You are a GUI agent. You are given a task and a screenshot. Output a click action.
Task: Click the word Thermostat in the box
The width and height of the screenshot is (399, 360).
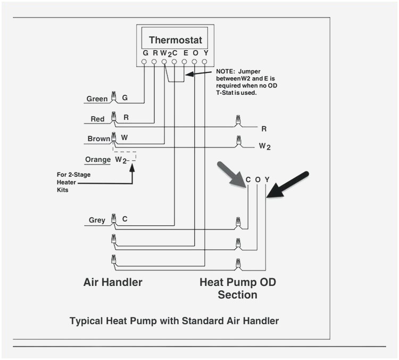point(175,40)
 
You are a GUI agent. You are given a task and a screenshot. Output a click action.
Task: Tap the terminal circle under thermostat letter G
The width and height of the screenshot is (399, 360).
point(145,62)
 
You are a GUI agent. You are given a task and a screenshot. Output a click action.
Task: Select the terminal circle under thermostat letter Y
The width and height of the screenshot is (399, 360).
point(205,62)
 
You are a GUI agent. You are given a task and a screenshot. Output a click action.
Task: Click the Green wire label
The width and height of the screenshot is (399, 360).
point(97,99)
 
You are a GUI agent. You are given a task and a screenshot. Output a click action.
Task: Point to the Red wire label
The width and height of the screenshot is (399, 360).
point(97,119)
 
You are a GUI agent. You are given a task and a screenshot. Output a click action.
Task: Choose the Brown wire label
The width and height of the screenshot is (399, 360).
point(98,139)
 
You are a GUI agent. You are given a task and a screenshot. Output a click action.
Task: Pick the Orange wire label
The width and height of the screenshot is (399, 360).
point(97,159)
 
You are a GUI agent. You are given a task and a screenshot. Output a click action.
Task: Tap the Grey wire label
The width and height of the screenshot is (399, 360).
point(97,220)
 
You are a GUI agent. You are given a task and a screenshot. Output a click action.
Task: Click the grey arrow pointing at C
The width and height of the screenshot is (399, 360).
point(230,175)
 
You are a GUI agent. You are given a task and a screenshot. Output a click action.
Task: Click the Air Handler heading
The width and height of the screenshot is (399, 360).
point(113,282)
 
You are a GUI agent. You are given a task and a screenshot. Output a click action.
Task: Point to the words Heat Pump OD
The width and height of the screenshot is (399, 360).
point(238,282)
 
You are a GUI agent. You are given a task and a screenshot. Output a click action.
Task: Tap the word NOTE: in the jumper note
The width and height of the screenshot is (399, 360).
point(226,71)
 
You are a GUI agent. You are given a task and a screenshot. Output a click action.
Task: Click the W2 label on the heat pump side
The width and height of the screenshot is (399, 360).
point(264,146)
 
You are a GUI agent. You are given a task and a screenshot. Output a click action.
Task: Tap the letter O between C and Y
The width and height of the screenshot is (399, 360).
point(257,180)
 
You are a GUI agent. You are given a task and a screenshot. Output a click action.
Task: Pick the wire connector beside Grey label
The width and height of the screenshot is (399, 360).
point(113,219)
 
